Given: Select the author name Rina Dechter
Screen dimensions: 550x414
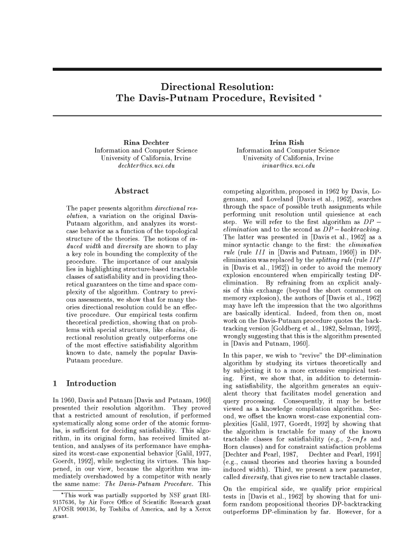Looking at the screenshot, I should click(x=146, y=142).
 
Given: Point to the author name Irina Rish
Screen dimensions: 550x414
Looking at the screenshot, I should click(x=289, y=142).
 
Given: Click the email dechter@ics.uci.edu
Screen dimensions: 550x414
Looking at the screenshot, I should click(x=146, y=167).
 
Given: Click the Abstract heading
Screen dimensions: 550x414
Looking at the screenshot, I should click(x=132, y=191).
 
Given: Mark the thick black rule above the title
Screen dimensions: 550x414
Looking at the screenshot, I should click(x=217, y=69).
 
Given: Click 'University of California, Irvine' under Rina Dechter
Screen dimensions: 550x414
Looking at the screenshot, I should click(x=146, y=159).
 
